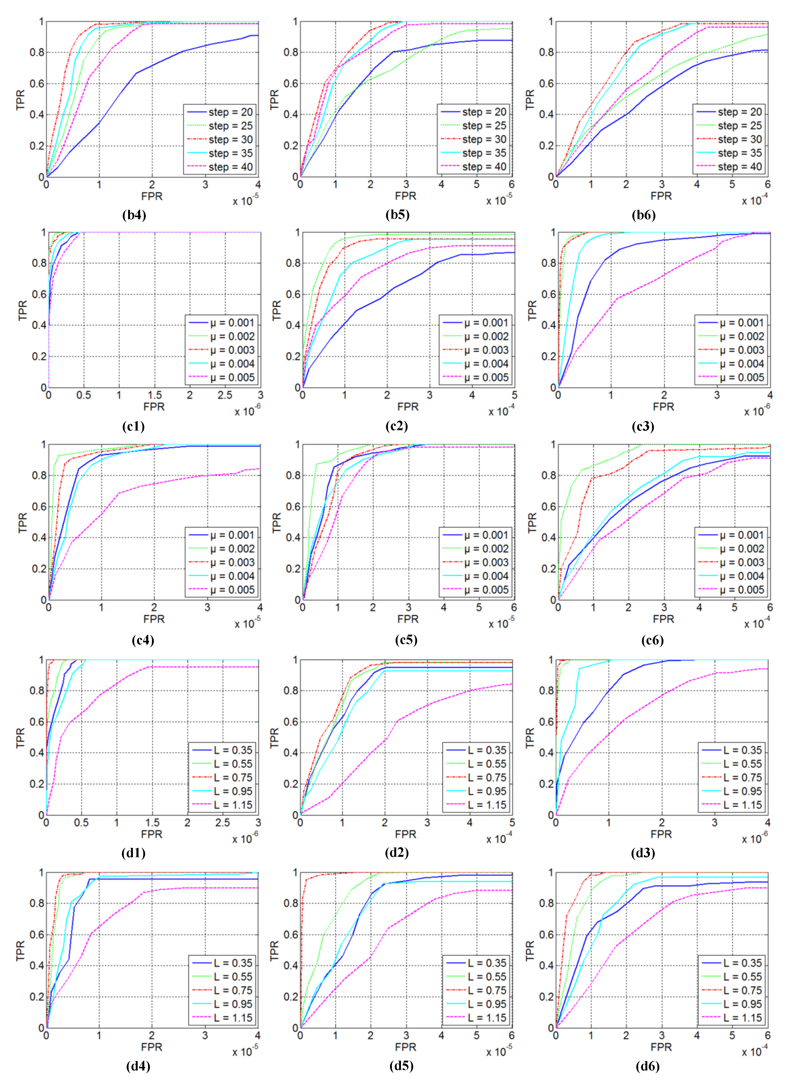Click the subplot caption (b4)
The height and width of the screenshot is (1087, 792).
(x=134, y=215)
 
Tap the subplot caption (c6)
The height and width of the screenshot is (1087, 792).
(x=652, y=640)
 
